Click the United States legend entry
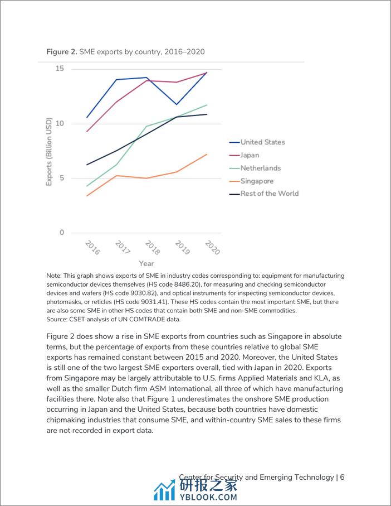point(262,142)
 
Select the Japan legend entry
point(250,155)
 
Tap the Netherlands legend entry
point(260,168)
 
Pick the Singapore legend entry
point(257,181)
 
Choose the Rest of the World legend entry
point(269,194)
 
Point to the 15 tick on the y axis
point(60,69)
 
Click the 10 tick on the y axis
point(60,123)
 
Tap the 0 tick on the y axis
point(62,233)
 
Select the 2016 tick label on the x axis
point(92,247)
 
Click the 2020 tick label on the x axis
point(212,247)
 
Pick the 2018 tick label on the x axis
point(152,247)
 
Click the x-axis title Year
point(146,263)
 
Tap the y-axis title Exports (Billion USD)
point(49,151)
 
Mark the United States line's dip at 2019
point(177,104)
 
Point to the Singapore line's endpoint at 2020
point(207,155)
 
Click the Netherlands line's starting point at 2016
point(87,186)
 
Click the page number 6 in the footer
point(343,477)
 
